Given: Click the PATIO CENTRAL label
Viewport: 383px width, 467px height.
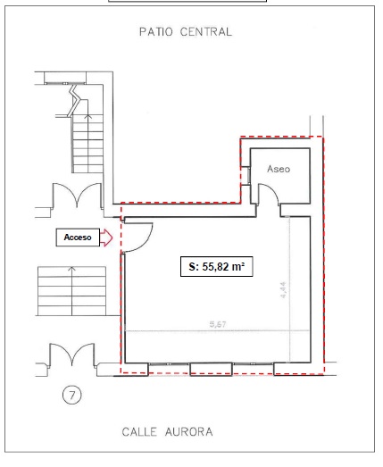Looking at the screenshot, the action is point(186,31).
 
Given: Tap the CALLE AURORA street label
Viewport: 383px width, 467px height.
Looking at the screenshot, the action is point(167,432).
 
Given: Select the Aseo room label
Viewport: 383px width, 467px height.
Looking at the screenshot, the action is point(279,169).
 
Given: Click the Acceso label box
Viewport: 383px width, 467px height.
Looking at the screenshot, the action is point(78,238).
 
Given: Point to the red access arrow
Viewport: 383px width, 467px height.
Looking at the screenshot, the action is point(106,238).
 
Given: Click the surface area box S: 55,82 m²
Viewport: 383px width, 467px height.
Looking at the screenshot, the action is point(217,267).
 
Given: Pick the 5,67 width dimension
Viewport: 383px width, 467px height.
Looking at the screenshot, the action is point(218,324).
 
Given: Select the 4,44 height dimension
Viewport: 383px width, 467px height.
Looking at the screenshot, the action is point(283,290).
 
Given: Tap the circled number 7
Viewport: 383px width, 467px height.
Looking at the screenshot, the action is point(72,396).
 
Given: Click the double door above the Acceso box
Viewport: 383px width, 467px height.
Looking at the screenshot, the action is point(77,195).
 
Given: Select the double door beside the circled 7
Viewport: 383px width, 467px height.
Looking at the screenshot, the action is point(72,354).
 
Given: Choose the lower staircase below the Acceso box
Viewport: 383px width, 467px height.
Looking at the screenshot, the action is point(71,291).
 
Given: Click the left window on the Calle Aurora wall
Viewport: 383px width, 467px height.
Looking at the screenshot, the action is point(169,364).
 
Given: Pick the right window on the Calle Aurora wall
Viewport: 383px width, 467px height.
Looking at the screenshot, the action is point(253,363).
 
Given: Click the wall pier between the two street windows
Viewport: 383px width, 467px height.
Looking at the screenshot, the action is point(212,369).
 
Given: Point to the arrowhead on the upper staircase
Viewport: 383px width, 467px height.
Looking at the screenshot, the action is point(87,116).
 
